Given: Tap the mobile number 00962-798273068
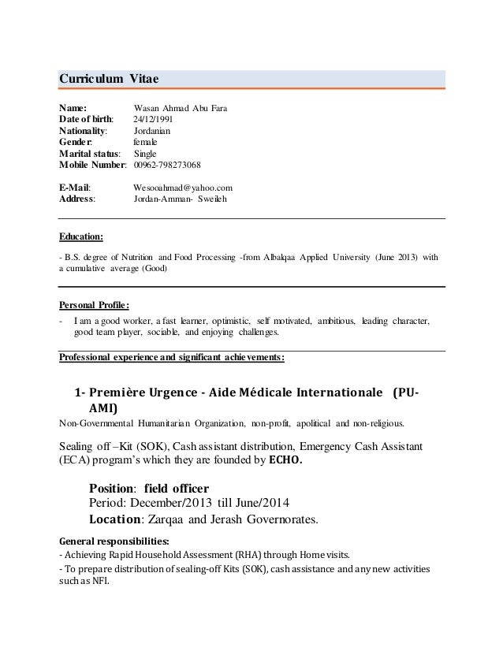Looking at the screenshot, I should tap(166, 165).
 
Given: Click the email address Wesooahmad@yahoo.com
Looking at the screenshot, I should tap(183, 188).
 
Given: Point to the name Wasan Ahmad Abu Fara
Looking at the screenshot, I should tap(181, 108).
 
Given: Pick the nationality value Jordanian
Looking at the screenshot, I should tap(156, 131).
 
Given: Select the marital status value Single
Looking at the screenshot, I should tap(146, 154).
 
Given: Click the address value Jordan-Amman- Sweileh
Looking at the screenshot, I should tap(179, 199).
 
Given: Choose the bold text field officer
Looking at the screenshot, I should tap(180, 487).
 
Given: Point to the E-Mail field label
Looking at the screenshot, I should tap(75, 188).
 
